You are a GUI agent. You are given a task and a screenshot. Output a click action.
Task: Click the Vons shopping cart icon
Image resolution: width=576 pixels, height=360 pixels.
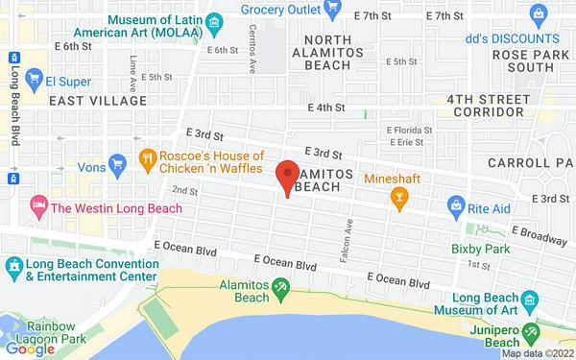tap(118, 165)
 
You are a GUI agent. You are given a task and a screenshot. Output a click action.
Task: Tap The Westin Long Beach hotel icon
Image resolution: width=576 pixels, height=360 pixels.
tap(38, 205)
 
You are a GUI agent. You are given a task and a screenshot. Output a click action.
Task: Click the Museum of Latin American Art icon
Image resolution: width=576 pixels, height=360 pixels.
tap(215, 21)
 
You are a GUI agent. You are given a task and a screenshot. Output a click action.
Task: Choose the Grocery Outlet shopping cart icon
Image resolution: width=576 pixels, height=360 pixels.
tap(332, 8)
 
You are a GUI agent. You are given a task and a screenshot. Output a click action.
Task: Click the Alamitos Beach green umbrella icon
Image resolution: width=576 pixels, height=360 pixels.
tap(280, 285)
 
